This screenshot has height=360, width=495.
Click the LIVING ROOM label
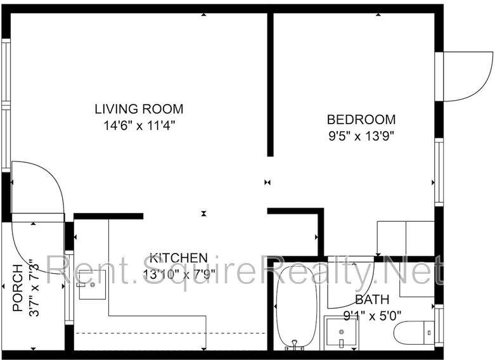(139, 108)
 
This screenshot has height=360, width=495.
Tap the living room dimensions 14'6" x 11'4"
(139, 125)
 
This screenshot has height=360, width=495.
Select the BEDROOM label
(361, 119)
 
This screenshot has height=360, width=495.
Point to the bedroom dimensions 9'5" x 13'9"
(361, 135)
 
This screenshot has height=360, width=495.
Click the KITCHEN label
(178, 257)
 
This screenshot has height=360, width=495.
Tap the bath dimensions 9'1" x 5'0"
(372, 314)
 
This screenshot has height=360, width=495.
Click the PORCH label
(18, 291)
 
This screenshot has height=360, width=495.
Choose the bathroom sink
(342, 333)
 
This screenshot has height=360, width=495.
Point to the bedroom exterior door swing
(467, 77)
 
